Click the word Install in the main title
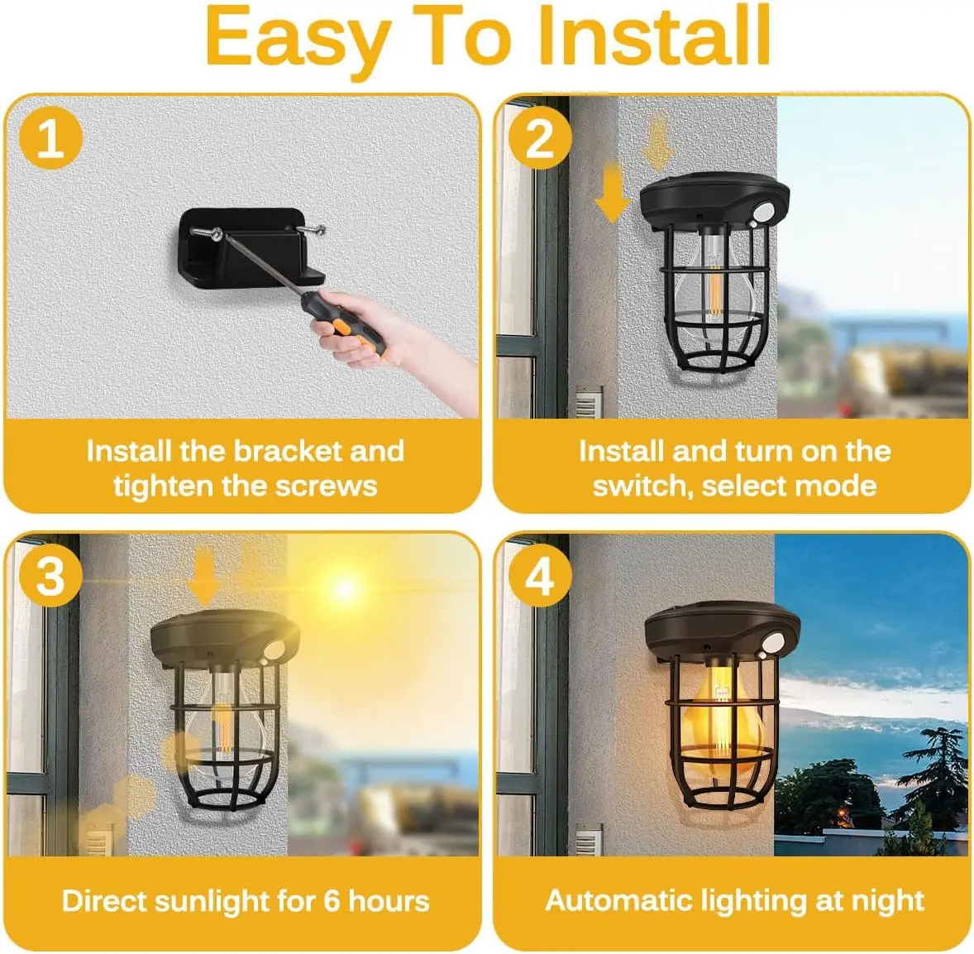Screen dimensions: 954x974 (x=653, y=37)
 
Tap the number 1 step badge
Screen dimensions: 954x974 (x=50, y=138)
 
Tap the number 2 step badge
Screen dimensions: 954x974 (x=539, y=138)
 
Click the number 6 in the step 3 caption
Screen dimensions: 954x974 (x=332, y=901)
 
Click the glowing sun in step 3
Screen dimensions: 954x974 (x=345, y=590)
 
